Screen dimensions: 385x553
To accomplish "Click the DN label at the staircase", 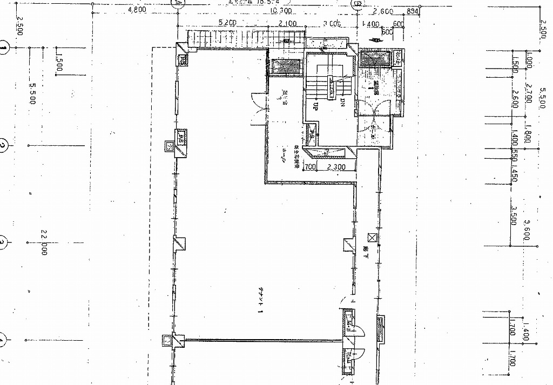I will tap(343, 103).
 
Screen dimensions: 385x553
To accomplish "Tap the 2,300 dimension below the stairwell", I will tap(334, 167).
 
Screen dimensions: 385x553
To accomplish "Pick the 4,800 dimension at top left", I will tap(138, 10).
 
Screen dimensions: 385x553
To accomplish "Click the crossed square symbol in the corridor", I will tap(371, 237).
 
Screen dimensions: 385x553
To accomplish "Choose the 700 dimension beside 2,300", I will tap(310, 167).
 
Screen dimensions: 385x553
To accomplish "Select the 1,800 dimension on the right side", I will tap(528, 133).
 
